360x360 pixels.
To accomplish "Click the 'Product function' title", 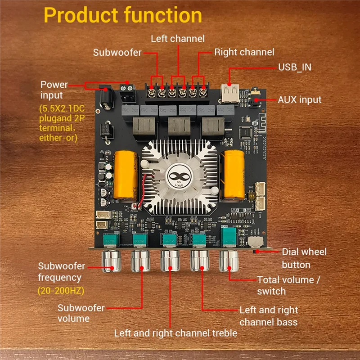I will pyautogui.click(x=123, y=16).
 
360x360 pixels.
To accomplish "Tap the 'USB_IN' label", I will pyautogui.click(x=294, y=67).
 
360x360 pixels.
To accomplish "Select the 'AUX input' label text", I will pyautogui.click(x=299, y=99).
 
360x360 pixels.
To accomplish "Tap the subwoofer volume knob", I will pyautogui.click(x=141, y=261).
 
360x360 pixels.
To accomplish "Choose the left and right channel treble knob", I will pyautogui.click(x=170, y=261).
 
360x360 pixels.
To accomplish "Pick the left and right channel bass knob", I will pyautogui.click(x=199, y=261).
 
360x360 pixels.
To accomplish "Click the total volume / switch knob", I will pyautogui.click(x=228, y=261).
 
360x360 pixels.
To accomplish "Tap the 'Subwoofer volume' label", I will pyautogui.click(x=81, y=313).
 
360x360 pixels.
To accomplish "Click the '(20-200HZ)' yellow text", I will pyautogui.click(x=61, y=290).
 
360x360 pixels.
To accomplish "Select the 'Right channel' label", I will pyautogui.click(x=244, y=52).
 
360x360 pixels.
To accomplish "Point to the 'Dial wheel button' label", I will pyautogui.click(x=304, y=258).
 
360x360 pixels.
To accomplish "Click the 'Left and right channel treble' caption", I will pyautogui.click(x=175, y=333).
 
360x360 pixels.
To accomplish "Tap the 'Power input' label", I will pyautogui.click(x=54, y=90).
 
